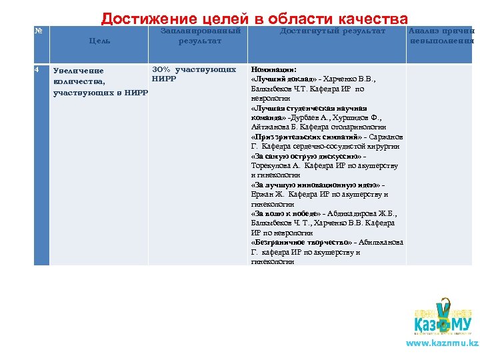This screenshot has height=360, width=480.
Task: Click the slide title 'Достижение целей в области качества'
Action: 254,19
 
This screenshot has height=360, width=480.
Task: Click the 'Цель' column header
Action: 99,41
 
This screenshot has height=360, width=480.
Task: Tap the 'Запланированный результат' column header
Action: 201,36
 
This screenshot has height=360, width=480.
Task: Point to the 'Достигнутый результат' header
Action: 332,31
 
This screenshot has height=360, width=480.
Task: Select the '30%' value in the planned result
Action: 163,69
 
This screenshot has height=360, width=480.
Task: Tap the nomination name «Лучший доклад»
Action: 279,79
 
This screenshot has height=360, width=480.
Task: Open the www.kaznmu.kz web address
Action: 442,343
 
